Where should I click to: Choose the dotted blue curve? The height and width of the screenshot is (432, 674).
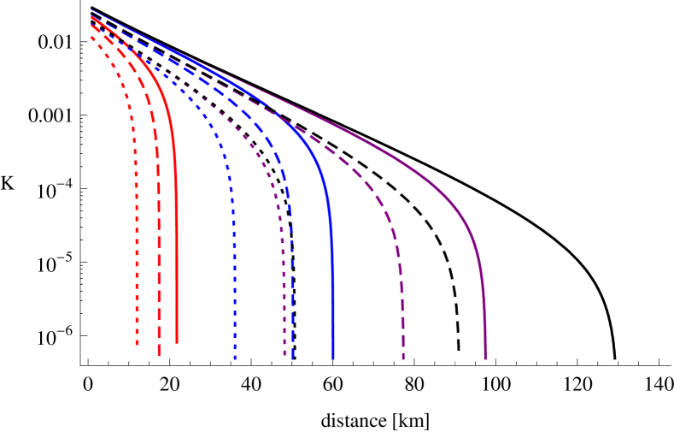233,257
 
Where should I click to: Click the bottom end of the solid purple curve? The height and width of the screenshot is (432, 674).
485,358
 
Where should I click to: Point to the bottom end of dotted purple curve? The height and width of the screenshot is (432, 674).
284,355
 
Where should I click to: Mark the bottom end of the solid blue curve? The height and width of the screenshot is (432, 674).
332,358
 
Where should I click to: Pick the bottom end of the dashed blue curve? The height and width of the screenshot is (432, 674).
293,358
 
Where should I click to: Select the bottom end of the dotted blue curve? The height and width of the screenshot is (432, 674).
235,358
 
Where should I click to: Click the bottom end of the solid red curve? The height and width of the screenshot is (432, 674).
177,342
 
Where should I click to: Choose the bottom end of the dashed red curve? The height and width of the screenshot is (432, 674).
159,354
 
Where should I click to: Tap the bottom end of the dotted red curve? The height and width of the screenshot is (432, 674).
137,345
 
